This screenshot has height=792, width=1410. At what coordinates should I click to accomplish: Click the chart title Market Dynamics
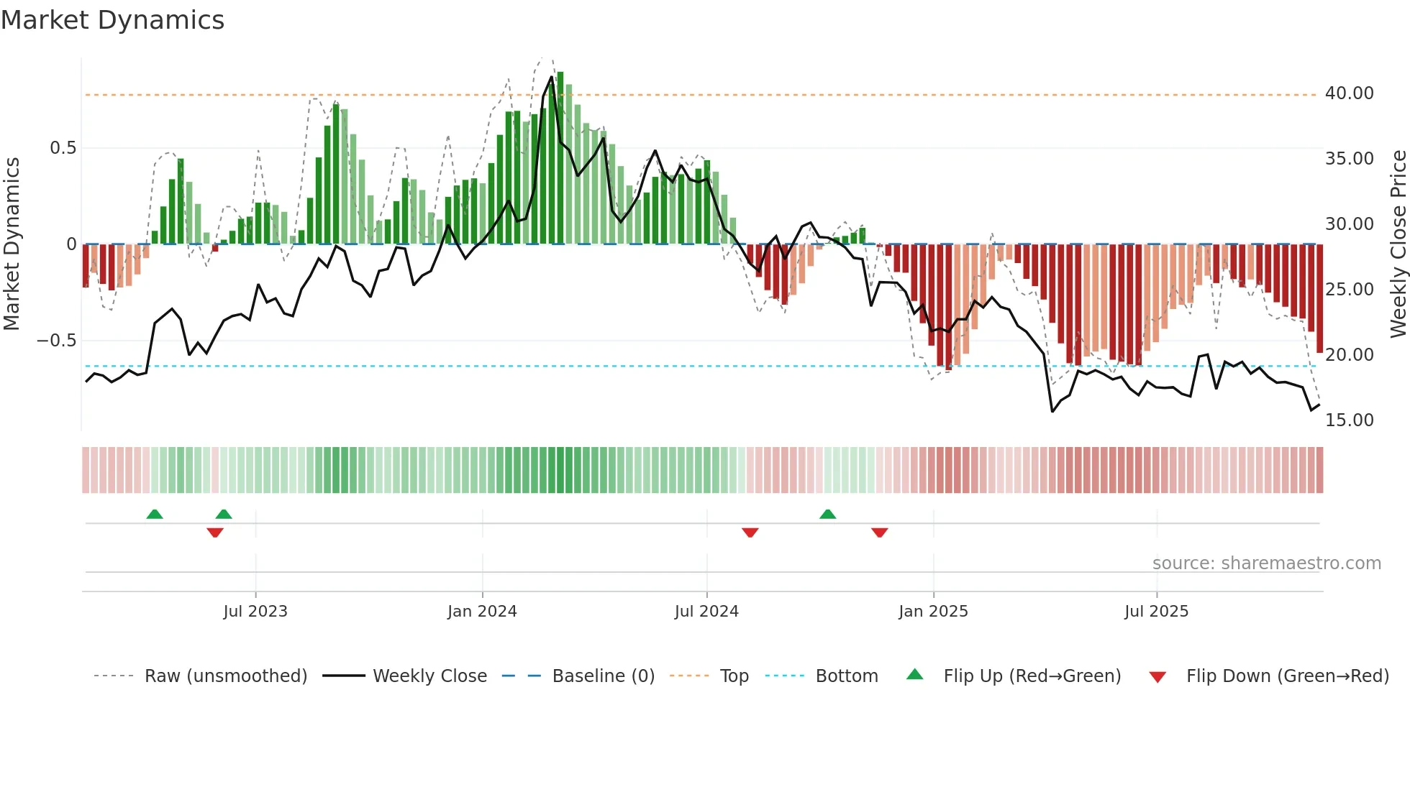coord(113,20)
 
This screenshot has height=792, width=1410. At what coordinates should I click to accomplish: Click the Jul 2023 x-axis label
coord(255,612)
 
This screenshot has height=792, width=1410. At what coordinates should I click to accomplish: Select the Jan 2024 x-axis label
coord(482,612)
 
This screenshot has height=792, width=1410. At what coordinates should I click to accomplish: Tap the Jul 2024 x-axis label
coord(706,612)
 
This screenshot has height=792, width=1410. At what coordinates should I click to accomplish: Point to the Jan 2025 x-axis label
coord(933,612)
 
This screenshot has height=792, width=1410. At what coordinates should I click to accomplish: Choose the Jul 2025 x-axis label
coord(1157,612)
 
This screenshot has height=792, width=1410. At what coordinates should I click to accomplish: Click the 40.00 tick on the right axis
coord(1349,93)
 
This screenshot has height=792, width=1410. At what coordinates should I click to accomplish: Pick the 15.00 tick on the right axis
coord(1349,420)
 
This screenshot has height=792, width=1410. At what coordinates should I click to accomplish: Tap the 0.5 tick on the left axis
coord(63,148)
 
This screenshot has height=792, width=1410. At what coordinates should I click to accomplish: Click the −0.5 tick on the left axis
coord(57,341)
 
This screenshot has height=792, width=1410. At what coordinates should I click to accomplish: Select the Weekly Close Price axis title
coord(1398,244)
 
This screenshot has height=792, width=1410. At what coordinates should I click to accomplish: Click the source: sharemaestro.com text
coord(1266,563)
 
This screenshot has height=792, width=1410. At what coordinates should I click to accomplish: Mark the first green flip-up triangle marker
coord(155,515)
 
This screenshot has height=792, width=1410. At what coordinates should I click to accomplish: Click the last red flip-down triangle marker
coord(879,532)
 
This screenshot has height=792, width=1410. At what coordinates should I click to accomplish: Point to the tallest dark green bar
coord(560,158)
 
